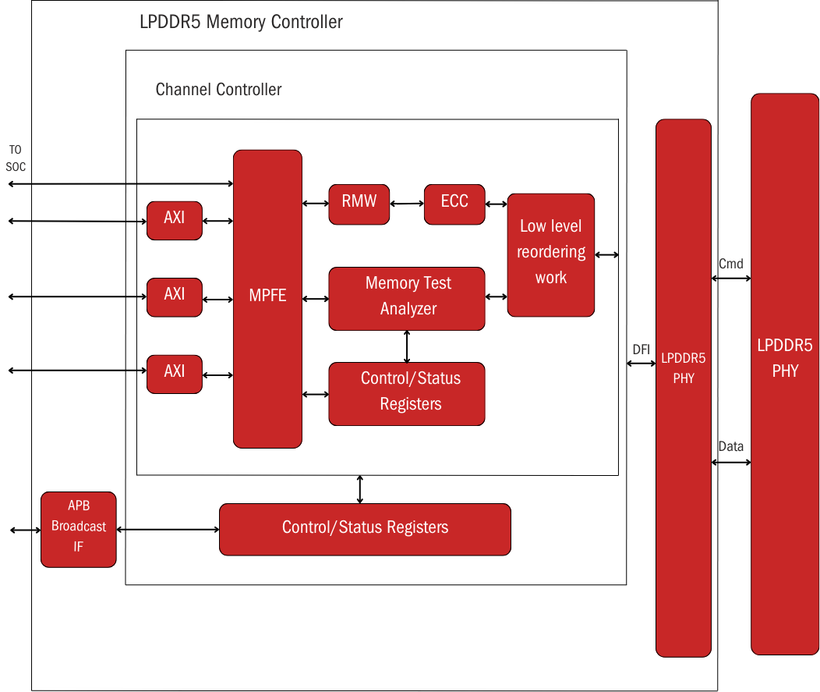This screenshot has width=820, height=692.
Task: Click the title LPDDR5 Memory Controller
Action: tap(241, 22)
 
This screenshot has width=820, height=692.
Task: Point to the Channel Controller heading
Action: tap(218, 90)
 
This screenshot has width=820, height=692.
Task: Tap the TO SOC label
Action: tap(16, 158)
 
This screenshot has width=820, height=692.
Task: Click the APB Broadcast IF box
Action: tap(79, 528)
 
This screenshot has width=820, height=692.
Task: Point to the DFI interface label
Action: tap(641, 350)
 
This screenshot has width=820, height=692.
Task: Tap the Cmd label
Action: tap(730, 264)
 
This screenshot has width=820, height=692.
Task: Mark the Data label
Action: tap(730, 447)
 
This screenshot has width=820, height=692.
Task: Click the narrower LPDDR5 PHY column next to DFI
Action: tap(684, 387)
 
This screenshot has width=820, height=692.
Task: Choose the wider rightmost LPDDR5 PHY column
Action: tap(785, 374)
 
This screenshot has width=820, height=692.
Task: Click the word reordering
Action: tap(551, 252)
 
